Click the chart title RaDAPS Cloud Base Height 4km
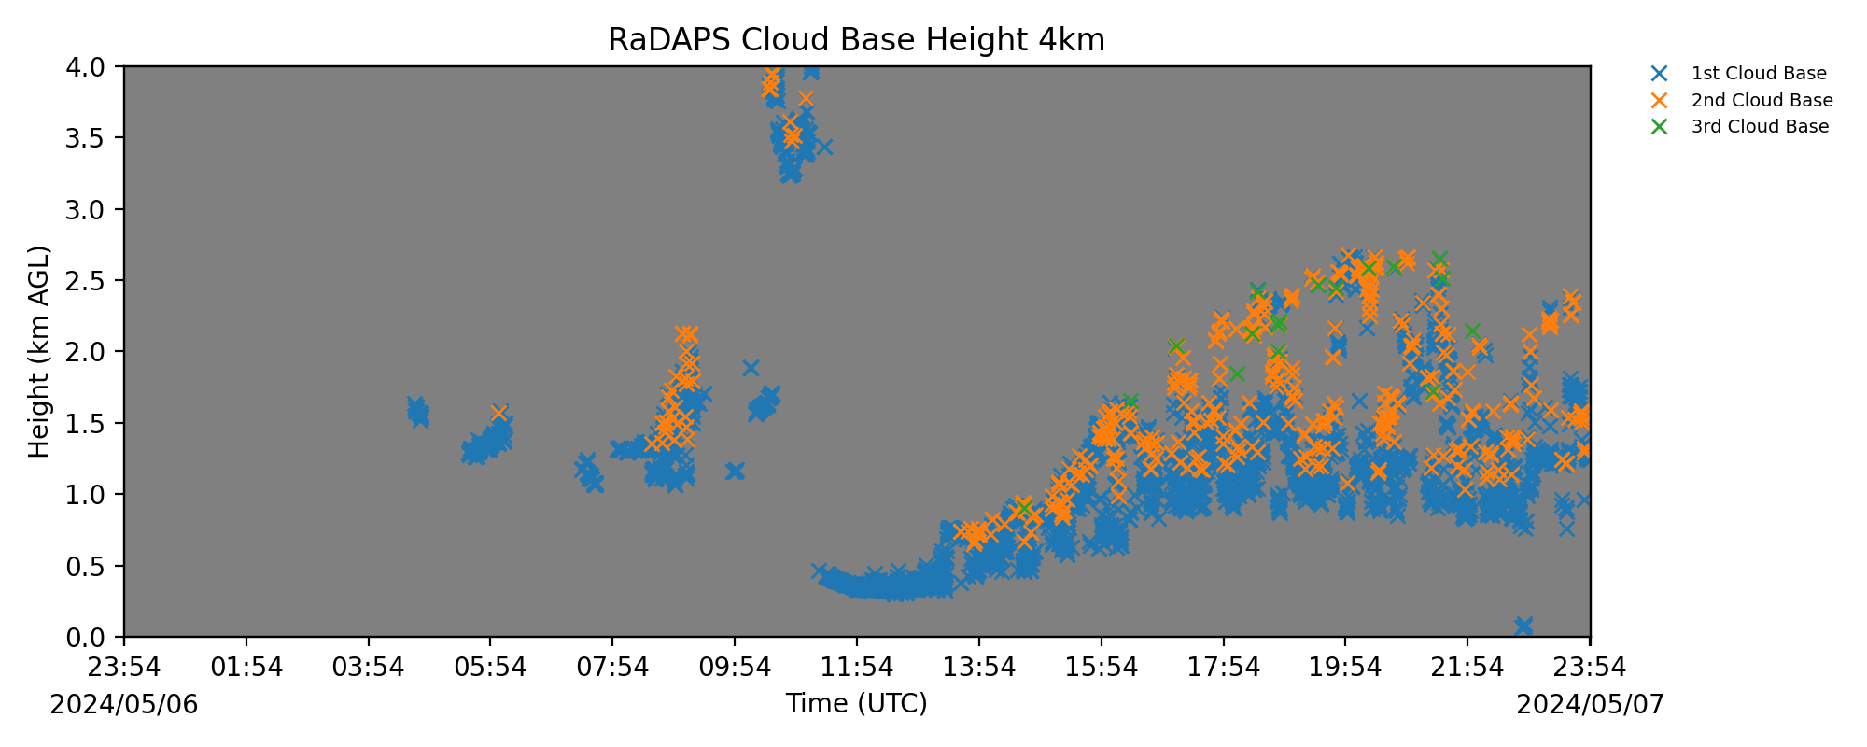pos(856,40)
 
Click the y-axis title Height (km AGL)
pos(38,352)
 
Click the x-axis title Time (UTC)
pos(856,703)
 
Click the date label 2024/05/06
pos(124,704)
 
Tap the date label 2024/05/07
pos(1591,704)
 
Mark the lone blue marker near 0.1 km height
pos(1523,626)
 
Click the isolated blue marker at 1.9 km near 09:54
pos(751,368)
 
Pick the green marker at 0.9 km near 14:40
pos(1024,508)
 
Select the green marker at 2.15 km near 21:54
pos(1472,331)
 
